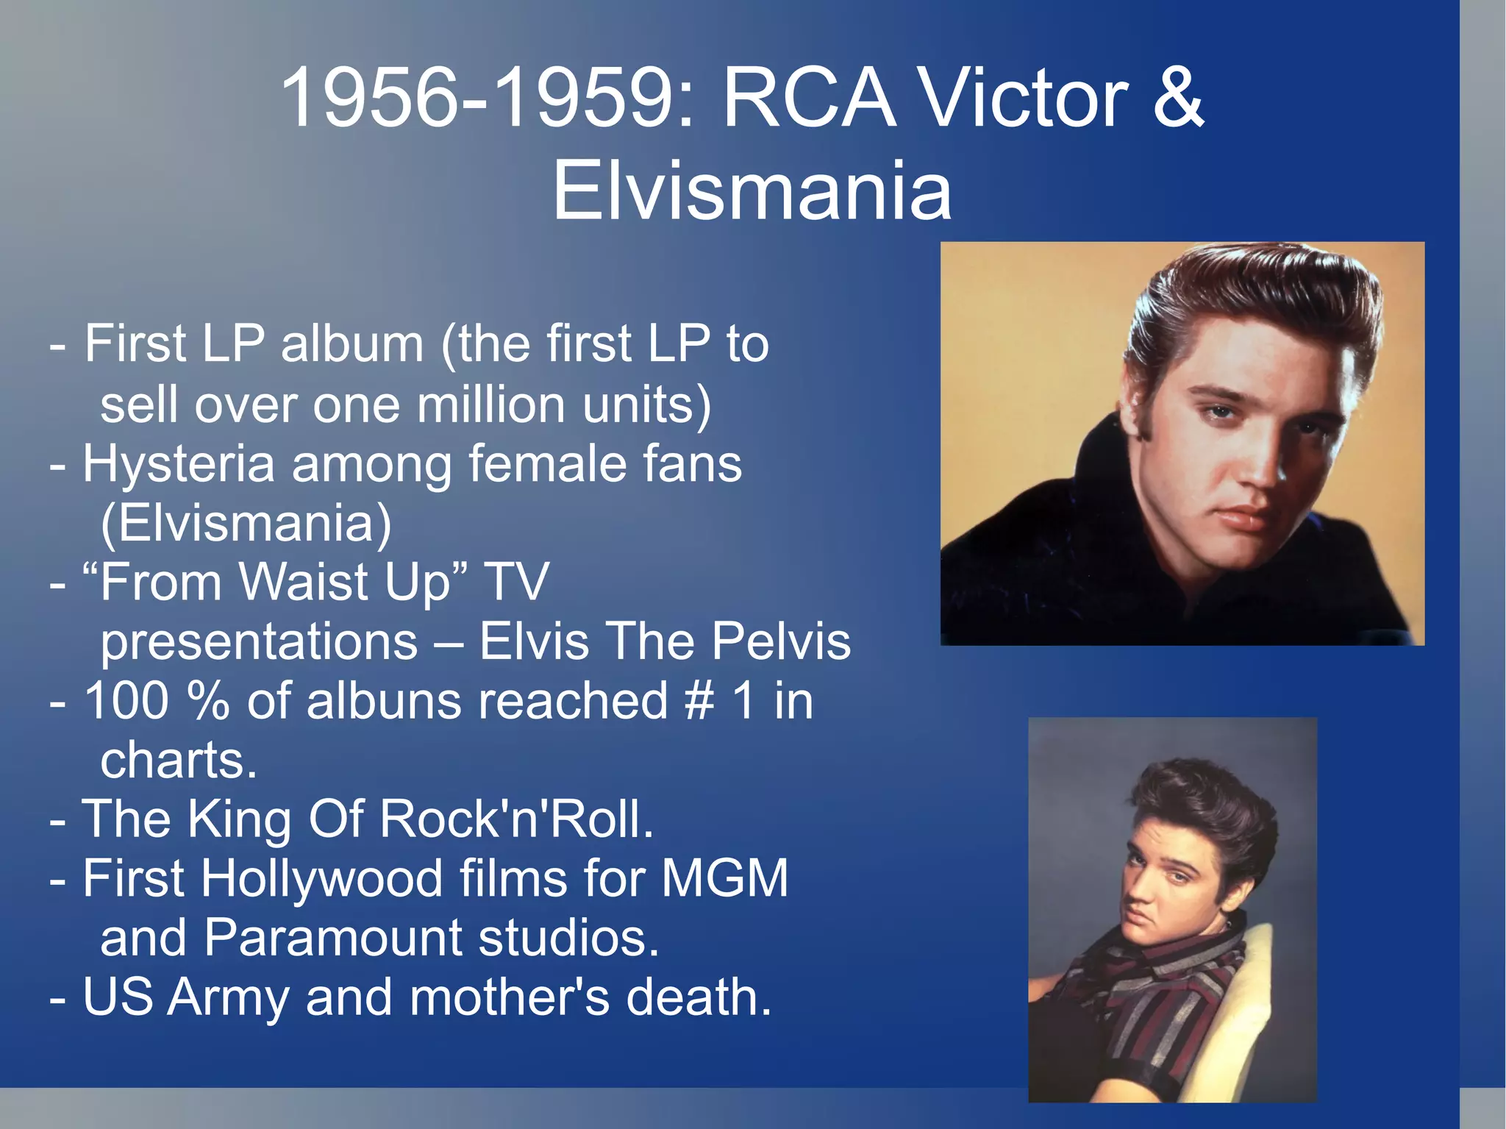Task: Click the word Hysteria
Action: [x=179, y=464]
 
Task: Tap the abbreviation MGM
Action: [x=724, y=878]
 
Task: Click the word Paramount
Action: [x=332, y=938]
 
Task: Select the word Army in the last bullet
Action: [x=228, y=998]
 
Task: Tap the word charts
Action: [x=179, y=761]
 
